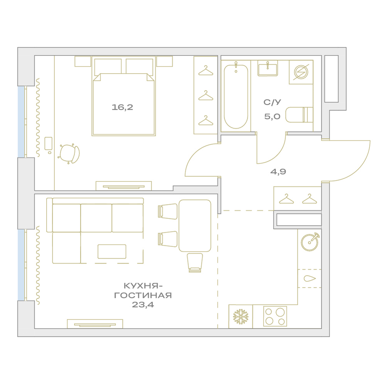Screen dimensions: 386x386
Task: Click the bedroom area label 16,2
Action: pos(122,107)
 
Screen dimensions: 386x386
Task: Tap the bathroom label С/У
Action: pos(272,102)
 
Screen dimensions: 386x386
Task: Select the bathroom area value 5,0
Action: pos(272,117)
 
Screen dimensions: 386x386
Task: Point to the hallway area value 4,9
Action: pos(278,172)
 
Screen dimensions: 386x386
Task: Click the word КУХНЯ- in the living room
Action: pos(143,286)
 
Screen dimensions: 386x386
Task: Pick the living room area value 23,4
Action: pos(143,305)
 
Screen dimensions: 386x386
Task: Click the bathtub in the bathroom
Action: pos(236,96)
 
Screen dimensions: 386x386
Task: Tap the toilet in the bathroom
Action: pos(299,115)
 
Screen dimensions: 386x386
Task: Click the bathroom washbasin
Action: pos(267,68)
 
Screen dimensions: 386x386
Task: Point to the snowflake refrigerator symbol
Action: pos(240,317)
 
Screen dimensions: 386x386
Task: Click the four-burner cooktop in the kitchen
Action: pos(275,317)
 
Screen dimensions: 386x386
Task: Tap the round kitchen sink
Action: pos(310,242)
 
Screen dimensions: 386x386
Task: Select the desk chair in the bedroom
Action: pos(69,154)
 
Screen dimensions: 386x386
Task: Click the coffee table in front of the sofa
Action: pos(112,251)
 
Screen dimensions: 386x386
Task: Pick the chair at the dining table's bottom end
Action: pos(195,262)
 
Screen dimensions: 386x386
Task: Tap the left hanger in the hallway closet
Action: pos(286,199)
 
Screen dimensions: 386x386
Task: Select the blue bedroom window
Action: pos(21,122)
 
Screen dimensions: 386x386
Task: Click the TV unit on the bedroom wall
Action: pos(124,186)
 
